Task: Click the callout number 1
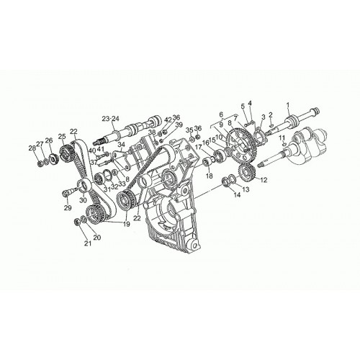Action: [288, 104]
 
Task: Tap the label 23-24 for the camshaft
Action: [111, 119]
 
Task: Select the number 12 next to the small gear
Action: [264, 179]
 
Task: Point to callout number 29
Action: [68, 207]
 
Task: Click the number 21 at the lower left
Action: [88, 243]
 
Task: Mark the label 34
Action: [122, 144]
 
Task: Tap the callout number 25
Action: [62, 136]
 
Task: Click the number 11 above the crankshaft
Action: [282, 138]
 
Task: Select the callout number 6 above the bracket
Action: [221, 114]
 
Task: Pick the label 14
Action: [237, 195]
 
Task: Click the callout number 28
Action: [32, 148]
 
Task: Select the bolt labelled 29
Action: [68, 192]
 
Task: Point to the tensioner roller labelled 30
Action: [85, 186]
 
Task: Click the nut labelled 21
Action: [78, 222]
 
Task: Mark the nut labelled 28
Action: [40, 164]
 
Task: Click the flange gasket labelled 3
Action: [259, 135]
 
